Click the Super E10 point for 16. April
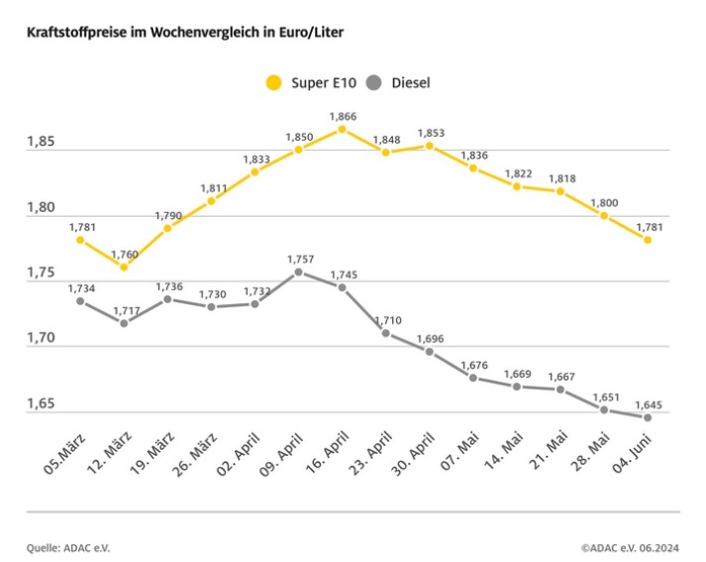342,129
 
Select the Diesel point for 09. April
298,272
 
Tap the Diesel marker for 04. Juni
648,417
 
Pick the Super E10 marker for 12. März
124,267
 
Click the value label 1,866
342,116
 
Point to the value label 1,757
298,259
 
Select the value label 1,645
648,404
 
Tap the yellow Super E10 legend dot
273,82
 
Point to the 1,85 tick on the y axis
42,143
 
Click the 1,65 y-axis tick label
42,404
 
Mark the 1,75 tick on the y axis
42,274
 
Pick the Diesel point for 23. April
386,333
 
